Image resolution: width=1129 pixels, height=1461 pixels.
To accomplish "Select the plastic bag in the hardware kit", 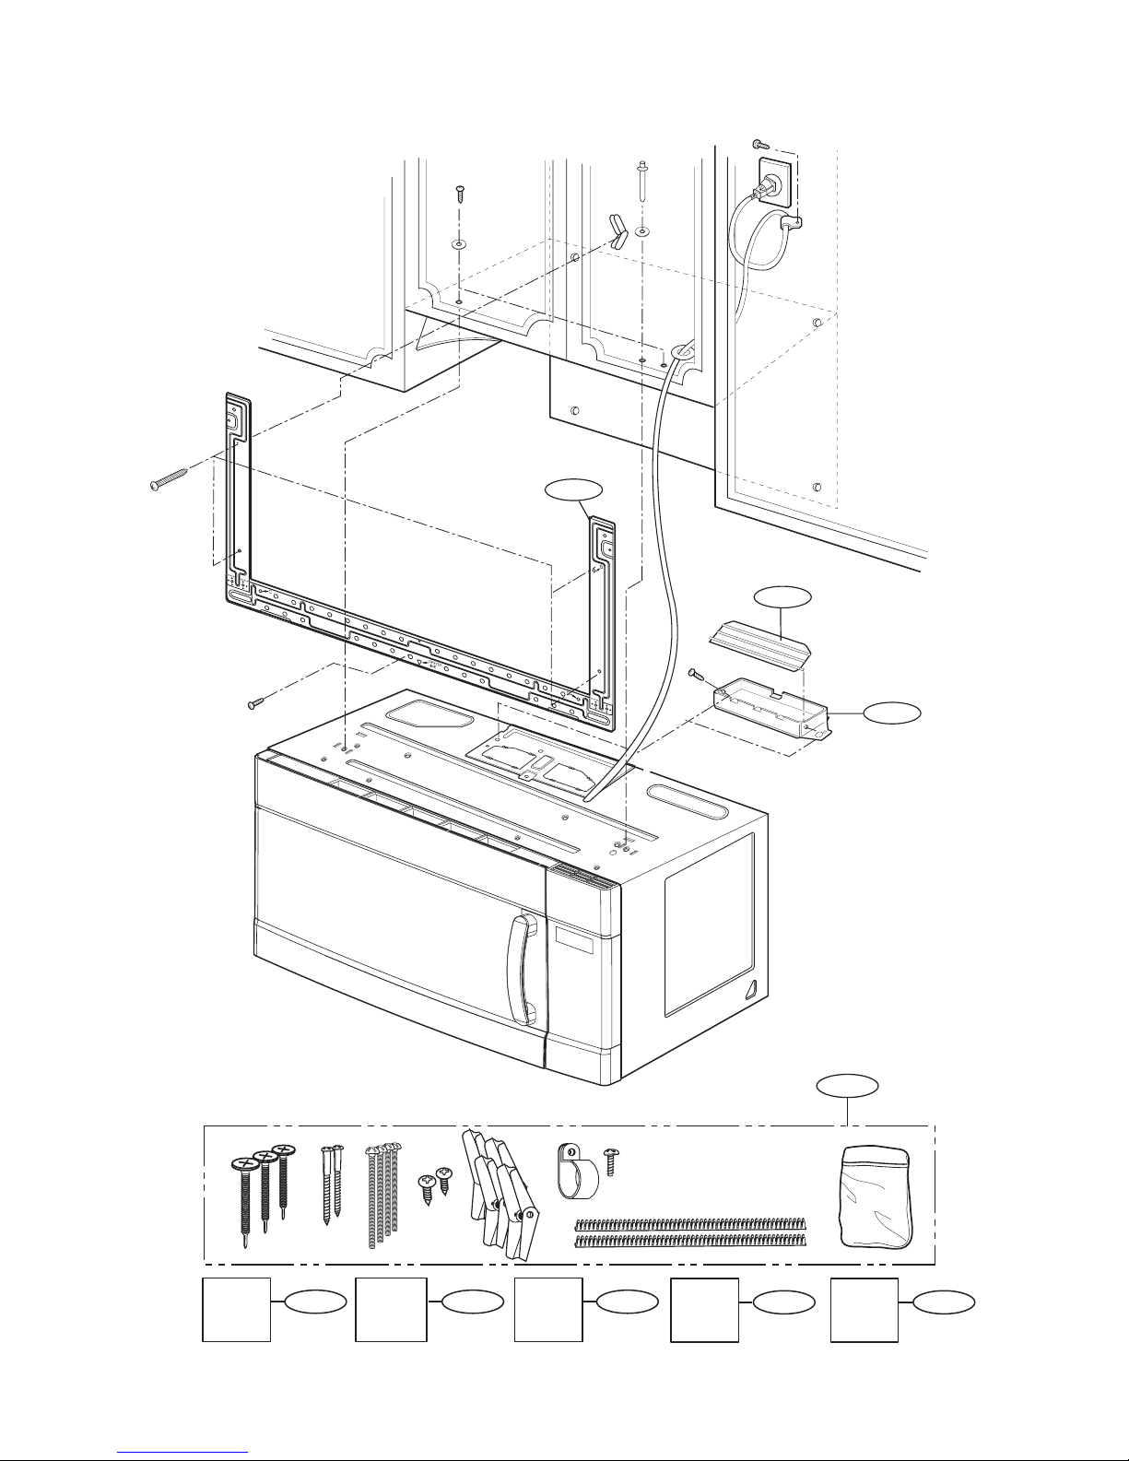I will coord(876,1195).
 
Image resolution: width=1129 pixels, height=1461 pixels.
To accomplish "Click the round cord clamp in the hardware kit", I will coord(576,1172).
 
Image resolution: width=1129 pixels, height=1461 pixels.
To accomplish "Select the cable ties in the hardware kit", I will coord(690,1232).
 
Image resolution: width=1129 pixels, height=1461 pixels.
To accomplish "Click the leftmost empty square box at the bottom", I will coord(237,1310).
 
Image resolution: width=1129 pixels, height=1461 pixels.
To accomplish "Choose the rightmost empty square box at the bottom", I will coord(864,1310).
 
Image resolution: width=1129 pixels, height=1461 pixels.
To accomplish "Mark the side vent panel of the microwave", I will coord(708,922).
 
